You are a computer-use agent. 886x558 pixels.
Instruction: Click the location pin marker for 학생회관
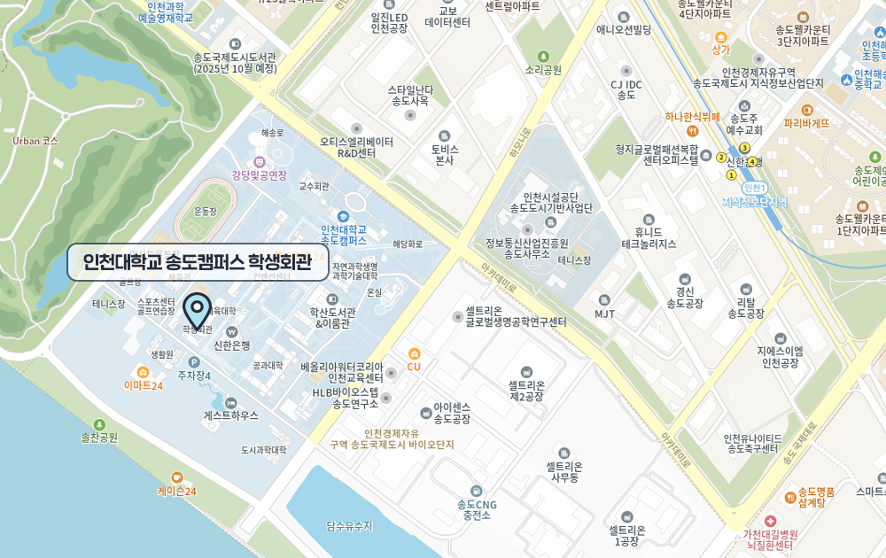197,311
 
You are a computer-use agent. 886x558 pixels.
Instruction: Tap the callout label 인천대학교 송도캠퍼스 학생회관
198,262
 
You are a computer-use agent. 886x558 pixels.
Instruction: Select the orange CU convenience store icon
414,353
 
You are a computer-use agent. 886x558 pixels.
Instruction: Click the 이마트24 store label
144,385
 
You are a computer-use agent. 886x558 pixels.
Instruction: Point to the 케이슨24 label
177,491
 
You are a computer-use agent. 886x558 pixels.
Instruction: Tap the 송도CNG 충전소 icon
477,491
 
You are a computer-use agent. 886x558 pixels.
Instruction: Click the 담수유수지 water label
350,526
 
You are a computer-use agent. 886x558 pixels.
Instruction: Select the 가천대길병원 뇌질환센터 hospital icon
770,521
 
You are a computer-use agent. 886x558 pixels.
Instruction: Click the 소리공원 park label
543,70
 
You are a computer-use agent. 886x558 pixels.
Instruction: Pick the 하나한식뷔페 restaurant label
693,117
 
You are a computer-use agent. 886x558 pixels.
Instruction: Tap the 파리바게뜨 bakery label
806,123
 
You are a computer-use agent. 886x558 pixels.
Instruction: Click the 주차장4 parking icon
194,362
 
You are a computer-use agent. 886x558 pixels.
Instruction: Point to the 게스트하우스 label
231,415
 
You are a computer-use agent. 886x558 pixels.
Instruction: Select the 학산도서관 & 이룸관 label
332,317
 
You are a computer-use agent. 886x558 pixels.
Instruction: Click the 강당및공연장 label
260,175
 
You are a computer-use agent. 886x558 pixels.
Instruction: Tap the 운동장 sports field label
206,212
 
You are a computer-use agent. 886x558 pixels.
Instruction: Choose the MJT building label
605,314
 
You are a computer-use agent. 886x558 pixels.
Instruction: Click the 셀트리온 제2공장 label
526,391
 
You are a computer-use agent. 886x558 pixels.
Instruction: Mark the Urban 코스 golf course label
35,141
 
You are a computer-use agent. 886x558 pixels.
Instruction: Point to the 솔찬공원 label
99,438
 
